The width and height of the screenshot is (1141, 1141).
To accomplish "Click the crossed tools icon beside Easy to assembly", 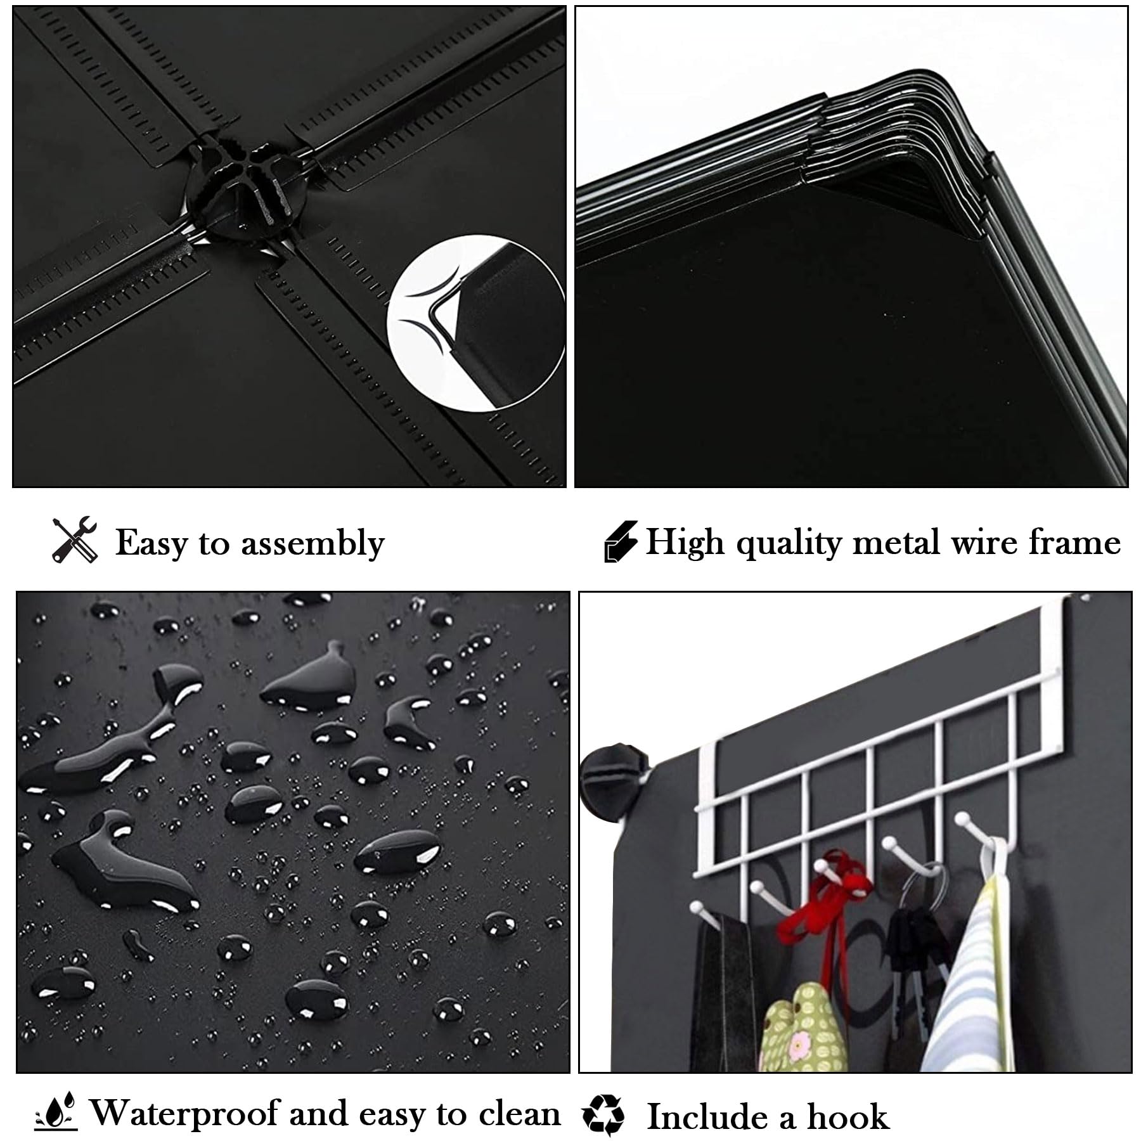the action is pos(75,540).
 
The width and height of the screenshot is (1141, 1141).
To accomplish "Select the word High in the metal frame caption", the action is pos(685,543).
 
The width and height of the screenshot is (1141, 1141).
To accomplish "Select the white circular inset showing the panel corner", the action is pos(475,323).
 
